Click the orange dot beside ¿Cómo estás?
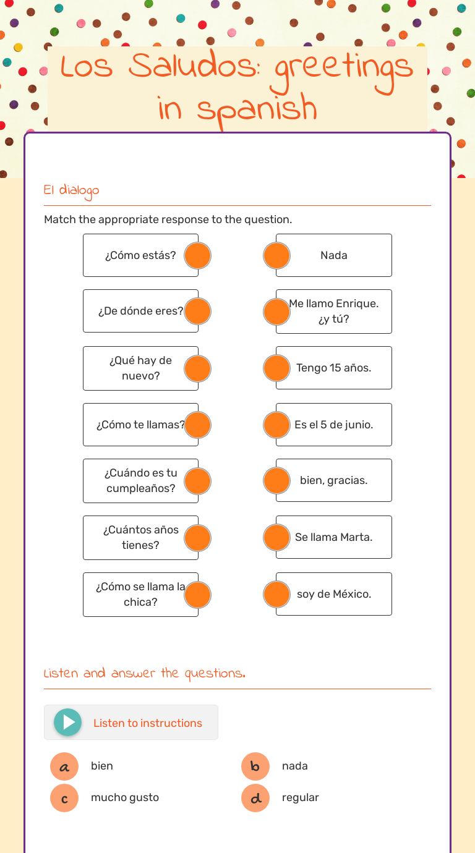tap(198, 255)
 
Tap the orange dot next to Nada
tap(276, 255)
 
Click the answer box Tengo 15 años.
tap(334, 368)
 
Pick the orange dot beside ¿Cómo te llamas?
tap(198, 425)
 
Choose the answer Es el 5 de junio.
tap(334, 425)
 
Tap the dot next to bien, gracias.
tap(276, 480)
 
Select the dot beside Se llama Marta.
tap(276, 537)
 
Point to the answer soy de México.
tap(334, 594)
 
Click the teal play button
tap(67, 722)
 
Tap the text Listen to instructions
tap(148, 723)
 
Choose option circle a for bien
tap(64, 766)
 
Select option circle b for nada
tap(255, 766)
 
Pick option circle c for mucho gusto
tap(64, 798)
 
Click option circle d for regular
tap(255, 798)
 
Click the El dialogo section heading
tap(72, 190)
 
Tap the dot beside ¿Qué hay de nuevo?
tap(198, 368)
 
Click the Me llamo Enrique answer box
tap(334, 311)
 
